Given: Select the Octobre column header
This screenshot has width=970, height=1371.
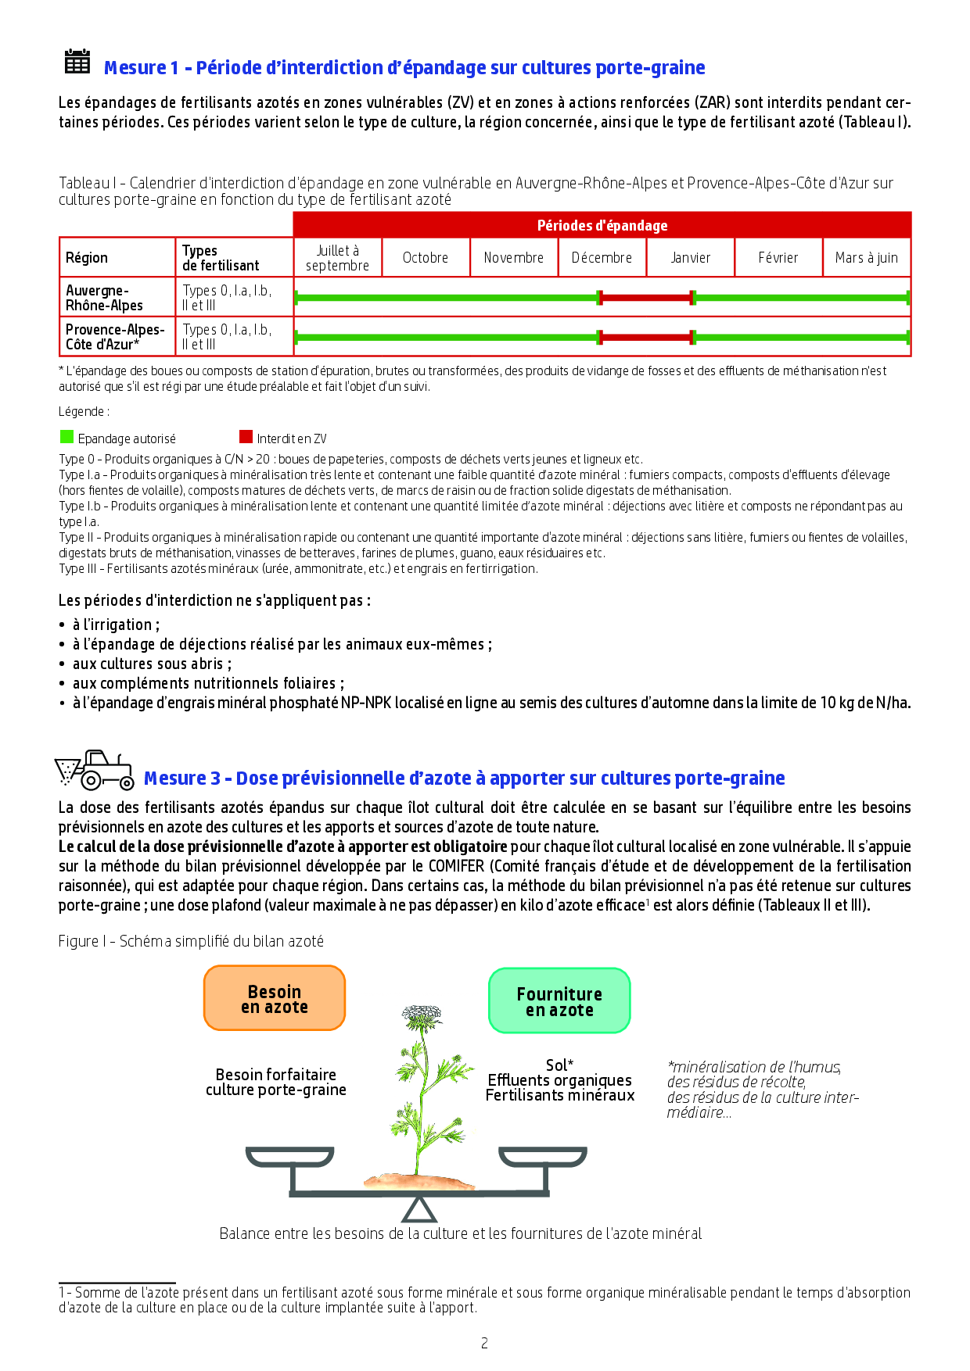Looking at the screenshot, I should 426,258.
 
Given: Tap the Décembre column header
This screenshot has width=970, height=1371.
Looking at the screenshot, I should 602,258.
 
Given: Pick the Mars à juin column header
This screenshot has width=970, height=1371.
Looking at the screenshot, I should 866,258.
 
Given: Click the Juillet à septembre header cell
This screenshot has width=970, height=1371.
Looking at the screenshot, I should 337,258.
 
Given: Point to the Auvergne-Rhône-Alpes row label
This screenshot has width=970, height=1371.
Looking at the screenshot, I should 105,298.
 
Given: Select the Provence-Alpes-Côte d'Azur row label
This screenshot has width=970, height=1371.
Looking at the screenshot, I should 114,337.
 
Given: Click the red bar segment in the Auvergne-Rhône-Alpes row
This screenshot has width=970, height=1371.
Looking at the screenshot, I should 646,297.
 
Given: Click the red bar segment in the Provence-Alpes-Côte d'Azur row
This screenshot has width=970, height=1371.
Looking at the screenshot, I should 646,337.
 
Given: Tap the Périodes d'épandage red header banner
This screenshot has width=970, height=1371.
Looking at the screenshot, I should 602,225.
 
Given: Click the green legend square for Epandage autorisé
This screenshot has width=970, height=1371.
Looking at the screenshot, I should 66,437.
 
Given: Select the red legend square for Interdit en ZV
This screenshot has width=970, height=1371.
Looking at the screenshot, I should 246,437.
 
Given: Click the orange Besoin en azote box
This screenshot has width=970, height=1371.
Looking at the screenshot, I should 275,998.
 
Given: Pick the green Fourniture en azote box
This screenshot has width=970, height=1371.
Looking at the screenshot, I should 559,1001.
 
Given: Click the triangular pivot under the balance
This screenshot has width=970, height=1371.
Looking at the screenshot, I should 419,1210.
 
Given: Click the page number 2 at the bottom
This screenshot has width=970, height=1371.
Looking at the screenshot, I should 484,1343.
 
